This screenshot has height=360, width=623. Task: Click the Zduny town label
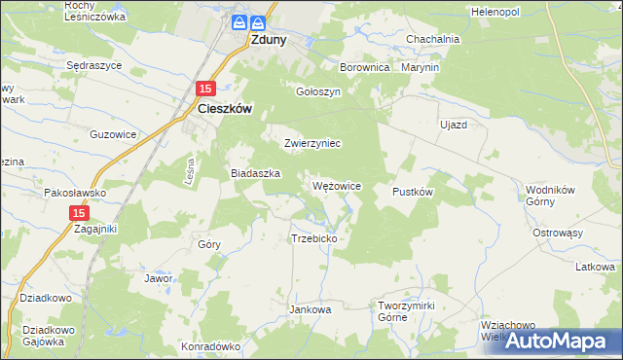269,42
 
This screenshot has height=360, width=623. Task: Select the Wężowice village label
337,185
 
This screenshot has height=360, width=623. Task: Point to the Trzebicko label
313,238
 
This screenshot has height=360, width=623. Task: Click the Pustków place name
412,192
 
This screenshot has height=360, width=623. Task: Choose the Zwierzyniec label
311,143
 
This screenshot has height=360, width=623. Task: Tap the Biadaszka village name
255,172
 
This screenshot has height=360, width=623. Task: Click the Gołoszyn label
318,91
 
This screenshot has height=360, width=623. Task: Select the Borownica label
365,68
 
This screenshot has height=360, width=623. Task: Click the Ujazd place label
454,126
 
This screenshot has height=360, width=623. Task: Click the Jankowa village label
311,309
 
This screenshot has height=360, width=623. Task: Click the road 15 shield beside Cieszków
204,89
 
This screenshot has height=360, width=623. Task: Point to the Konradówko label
210,346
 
